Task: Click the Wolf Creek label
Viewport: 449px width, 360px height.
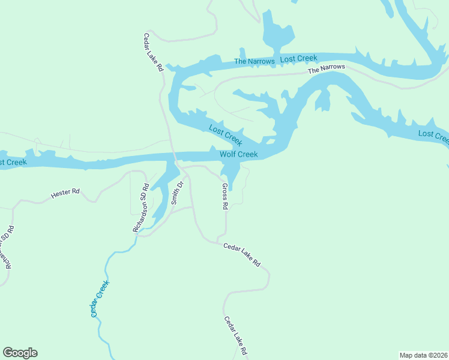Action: click(238, 155)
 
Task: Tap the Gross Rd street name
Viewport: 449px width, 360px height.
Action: click(224, 197)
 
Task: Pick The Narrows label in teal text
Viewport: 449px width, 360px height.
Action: click(254, 61)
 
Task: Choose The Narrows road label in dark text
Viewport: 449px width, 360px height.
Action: click(327, 69)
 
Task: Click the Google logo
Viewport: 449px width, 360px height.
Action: click(20, 353)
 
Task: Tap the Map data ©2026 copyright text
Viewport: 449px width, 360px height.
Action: click(423, 355)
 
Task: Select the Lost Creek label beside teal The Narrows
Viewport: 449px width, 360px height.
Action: click(298, 58)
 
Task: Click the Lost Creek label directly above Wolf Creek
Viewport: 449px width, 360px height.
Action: click(225, 135)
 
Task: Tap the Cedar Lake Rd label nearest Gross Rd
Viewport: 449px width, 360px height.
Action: click(242, 254)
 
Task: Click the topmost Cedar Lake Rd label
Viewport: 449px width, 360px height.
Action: click(152, 52)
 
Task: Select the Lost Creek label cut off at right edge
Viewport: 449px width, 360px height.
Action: click(433, 136)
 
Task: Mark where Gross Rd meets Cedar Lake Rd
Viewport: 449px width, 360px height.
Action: click(226, 239)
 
